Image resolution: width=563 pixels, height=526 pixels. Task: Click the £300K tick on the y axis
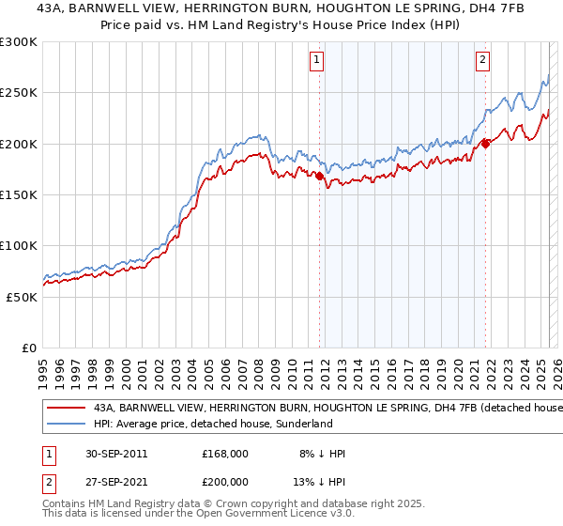[19, 42]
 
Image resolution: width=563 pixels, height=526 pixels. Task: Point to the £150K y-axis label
[19, 194]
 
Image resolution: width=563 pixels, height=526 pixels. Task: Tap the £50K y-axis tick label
[23, 297]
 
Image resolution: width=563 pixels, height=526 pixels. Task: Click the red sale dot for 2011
[320, 176]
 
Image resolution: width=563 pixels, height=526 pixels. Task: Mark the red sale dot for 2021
[486, 143]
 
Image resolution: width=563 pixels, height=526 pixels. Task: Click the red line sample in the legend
[66, 409]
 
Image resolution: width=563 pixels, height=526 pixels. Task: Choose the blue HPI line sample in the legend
[66, 425]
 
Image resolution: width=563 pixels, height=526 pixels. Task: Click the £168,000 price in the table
[225, 454]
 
